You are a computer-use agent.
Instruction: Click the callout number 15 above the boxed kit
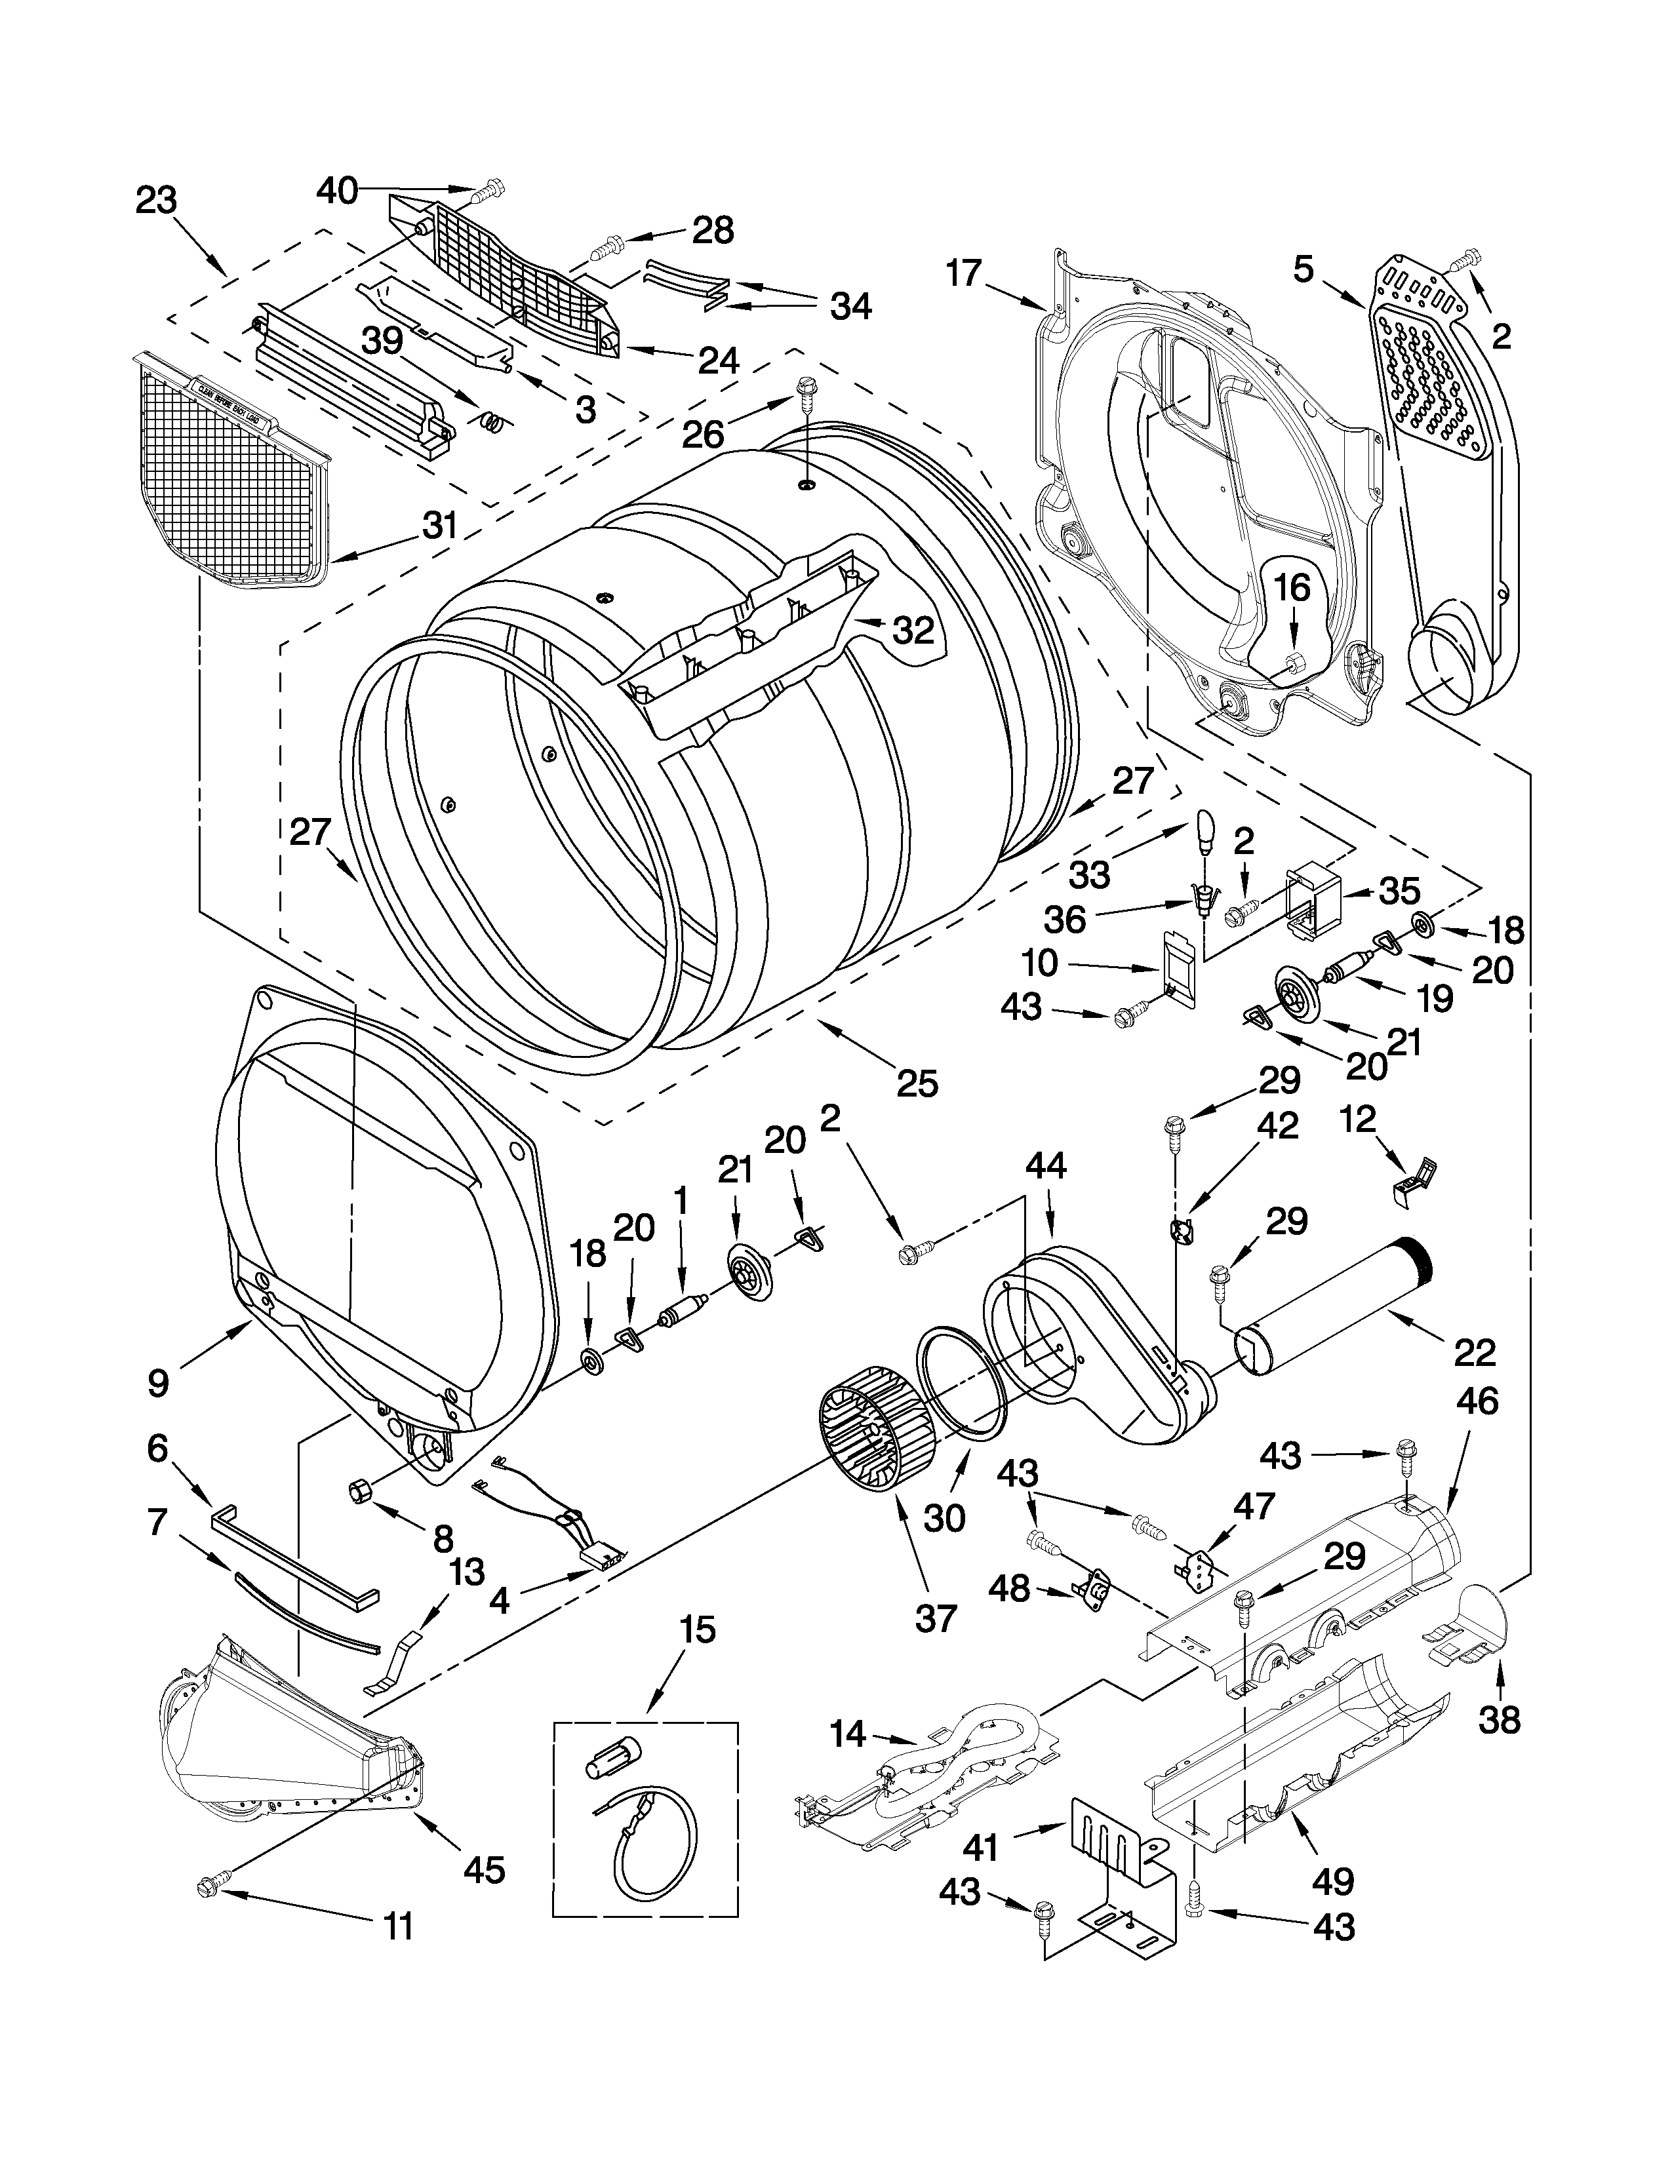(698, 1629)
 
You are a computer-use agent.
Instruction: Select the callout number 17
(963, 273)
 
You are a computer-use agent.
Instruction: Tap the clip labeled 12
(1418, 1179)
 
